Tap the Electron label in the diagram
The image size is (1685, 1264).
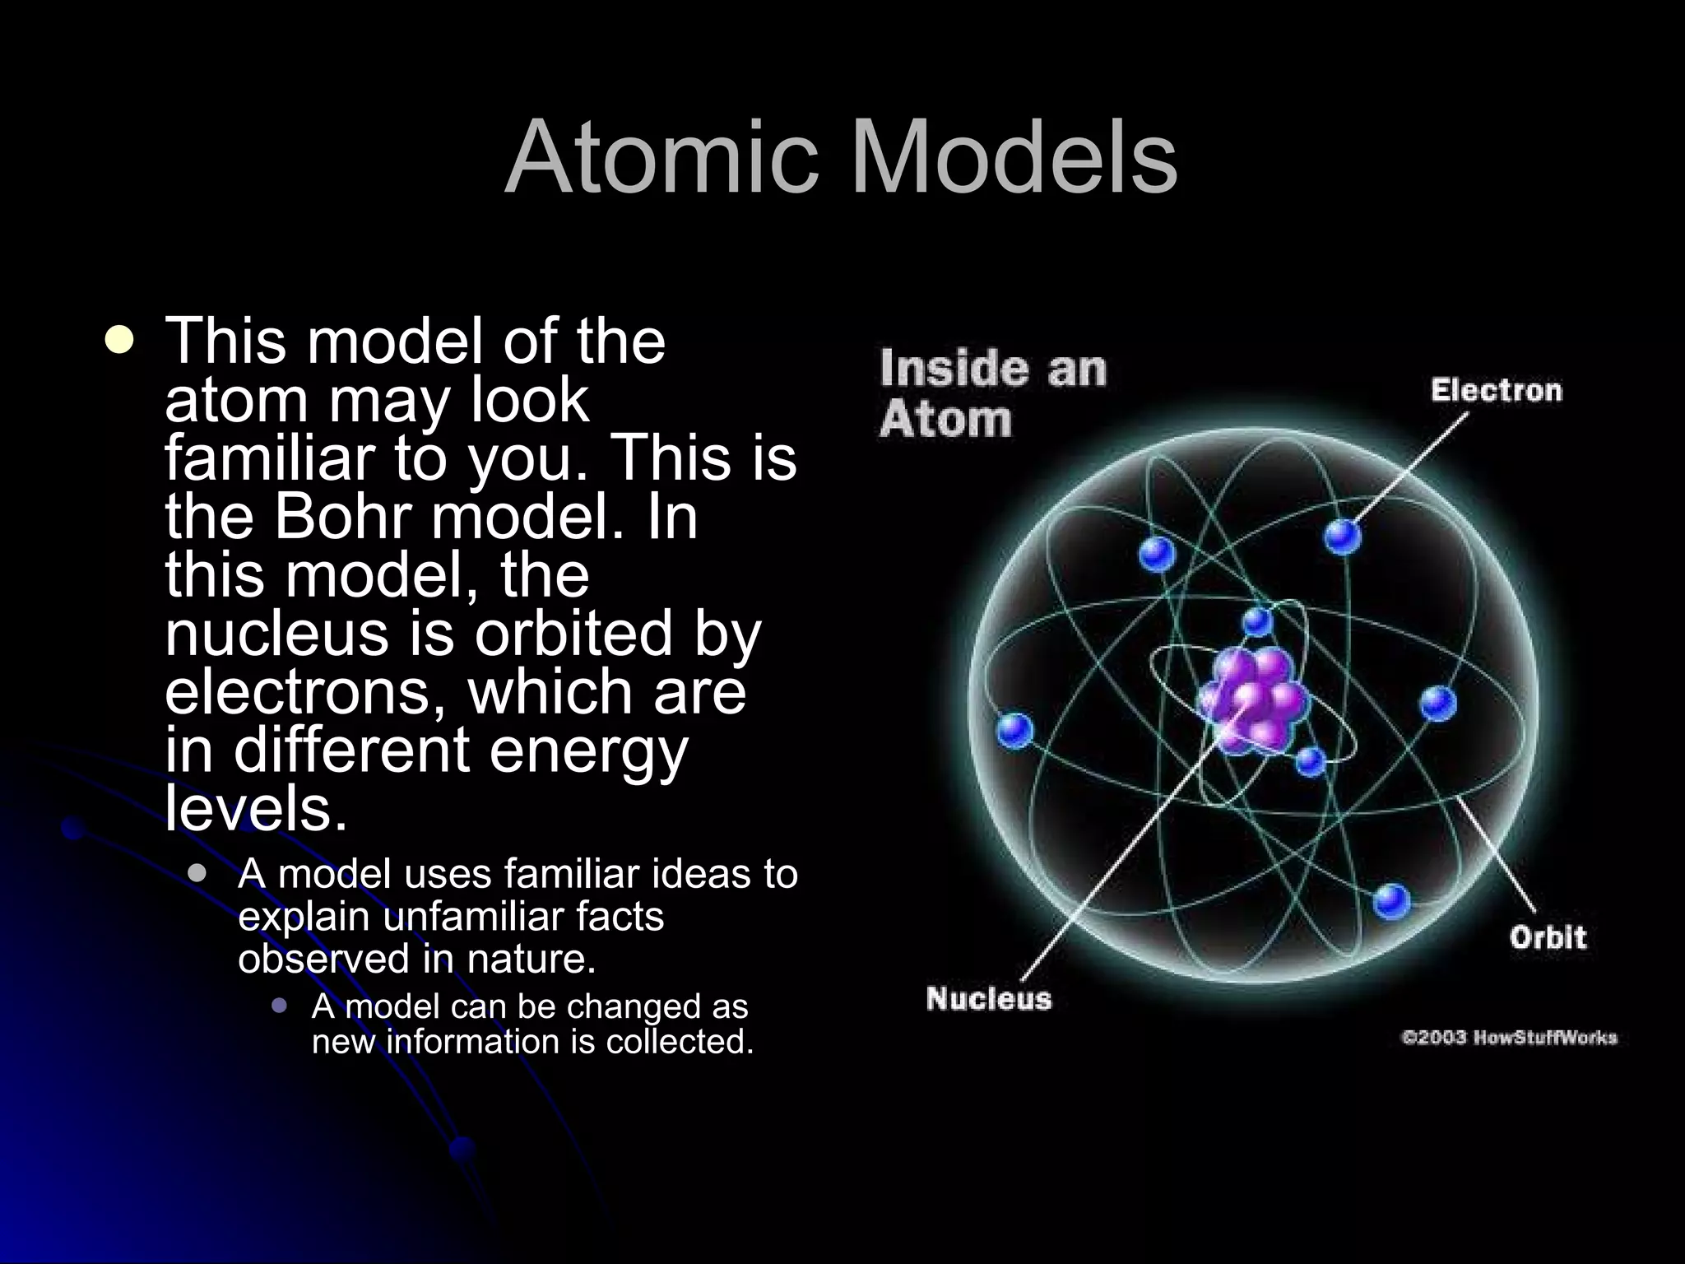(x=1496, y=390)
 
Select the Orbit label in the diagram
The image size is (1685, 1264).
(x=1547, y=937)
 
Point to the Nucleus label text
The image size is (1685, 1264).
(x=988, y=999)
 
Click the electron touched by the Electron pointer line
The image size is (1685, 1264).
(x=1342, y=537)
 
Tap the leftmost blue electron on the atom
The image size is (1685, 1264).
(x=1014, y=729)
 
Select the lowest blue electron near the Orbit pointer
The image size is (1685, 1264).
(x=1391, y=901)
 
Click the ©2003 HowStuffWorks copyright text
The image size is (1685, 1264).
(x=1509, y=1038)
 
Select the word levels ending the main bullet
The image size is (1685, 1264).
(x=256, y=809)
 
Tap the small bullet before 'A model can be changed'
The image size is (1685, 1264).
(x=280, y=1006)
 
